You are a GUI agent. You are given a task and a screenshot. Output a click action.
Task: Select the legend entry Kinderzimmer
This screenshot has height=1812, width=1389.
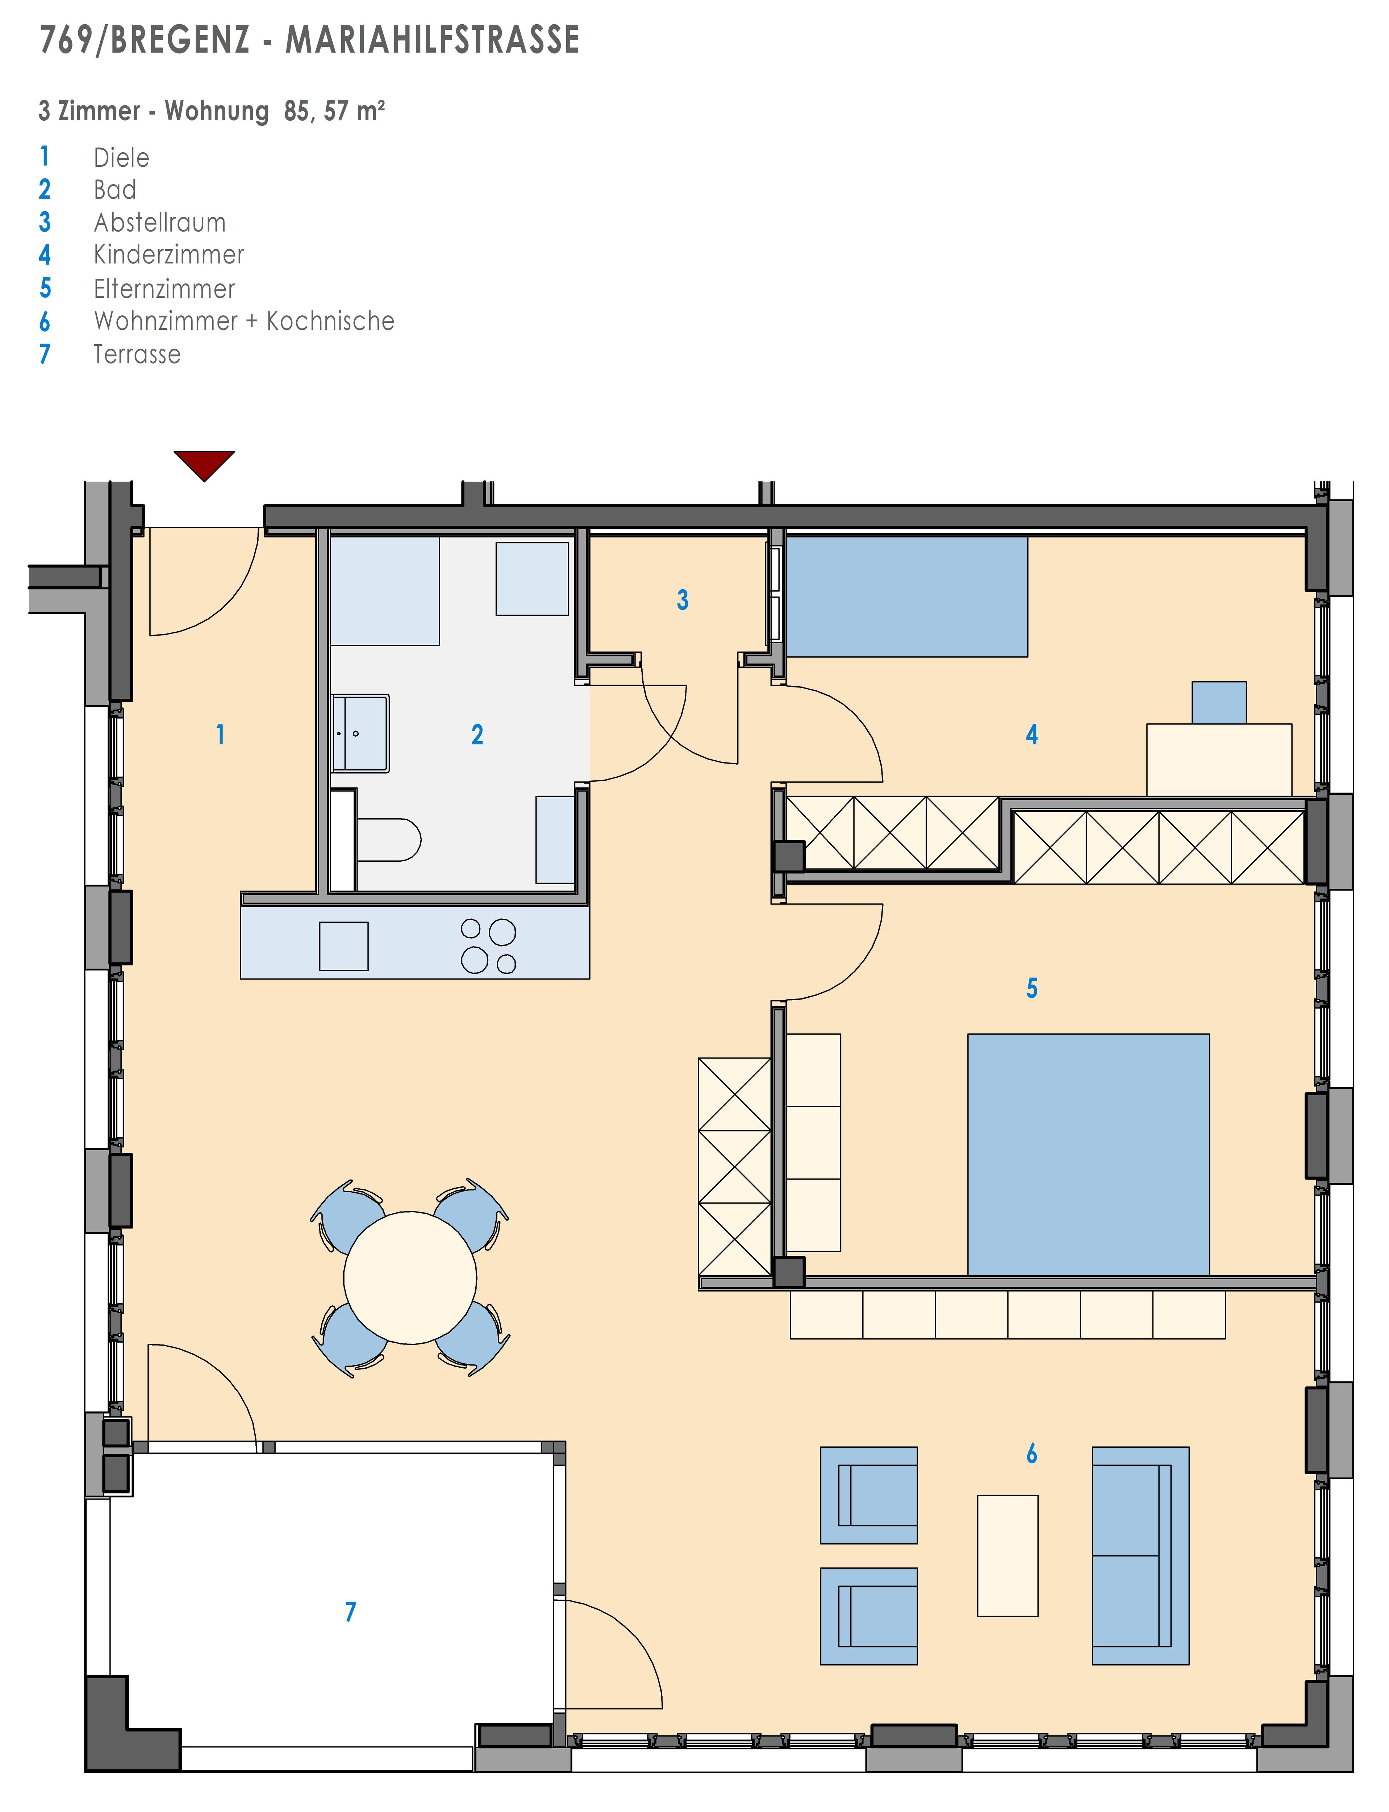coord(169,255)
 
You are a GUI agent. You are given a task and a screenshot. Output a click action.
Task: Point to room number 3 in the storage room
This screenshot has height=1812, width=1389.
coord(682,599)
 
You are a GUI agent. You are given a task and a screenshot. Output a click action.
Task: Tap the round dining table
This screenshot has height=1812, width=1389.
coord(410,1278)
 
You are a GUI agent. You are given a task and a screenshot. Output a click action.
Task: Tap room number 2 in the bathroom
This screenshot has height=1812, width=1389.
coord(477,734)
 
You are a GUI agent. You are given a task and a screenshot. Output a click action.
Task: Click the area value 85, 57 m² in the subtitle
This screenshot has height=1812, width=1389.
coord(334,111)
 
